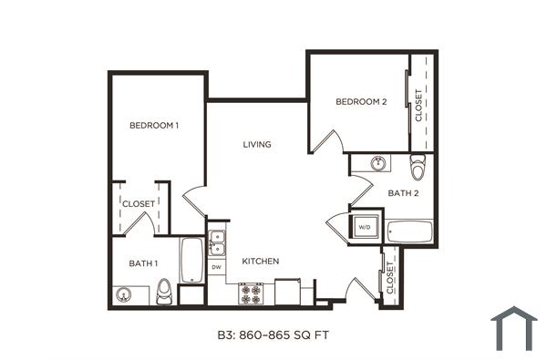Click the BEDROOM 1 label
pos(153,125)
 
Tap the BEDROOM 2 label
pos(361,102)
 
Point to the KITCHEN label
pos(260,262)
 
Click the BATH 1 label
pos(143,263)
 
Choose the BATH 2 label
pos(402,193)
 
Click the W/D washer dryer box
pos(363,226)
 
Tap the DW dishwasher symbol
pos(217,267)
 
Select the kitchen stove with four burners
pos(250,293)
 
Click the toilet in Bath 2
pos(418,168)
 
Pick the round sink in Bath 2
pos(377,163)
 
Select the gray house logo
pos(512,329)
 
